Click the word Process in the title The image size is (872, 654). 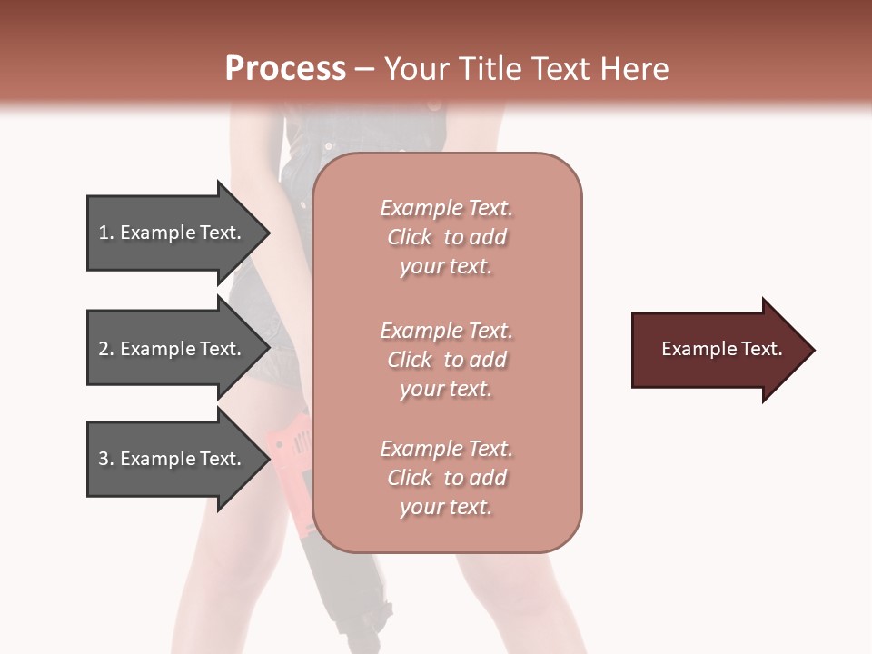click(285, 69)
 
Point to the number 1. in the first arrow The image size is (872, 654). click(106, 233)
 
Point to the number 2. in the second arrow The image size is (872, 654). click(106, 349)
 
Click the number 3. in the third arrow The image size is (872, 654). click(106, 459)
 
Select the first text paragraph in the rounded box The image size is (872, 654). click(446, 237)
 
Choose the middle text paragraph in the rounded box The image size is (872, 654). click(446, 360)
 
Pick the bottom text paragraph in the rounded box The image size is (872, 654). click(446, 478)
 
